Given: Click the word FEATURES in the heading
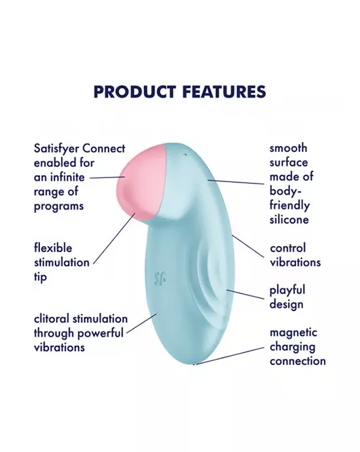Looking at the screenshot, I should coord(221,91).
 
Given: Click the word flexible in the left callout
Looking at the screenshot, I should coord(53,248).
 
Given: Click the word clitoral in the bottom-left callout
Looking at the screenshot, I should coord(52,319).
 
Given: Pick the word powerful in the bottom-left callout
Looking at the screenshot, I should coord(101,333).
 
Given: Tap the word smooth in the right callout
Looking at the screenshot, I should coord(289,148).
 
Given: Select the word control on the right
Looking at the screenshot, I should coord(287,248).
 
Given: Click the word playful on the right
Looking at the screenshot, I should coord(287,290).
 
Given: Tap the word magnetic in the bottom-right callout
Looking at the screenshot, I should coord(293,333).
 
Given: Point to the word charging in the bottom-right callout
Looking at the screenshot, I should coord(292,347).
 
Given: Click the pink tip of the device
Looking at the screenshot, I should coord(139,181).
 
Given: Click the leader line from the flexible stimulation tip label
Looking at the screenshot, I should coord(115,240).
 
